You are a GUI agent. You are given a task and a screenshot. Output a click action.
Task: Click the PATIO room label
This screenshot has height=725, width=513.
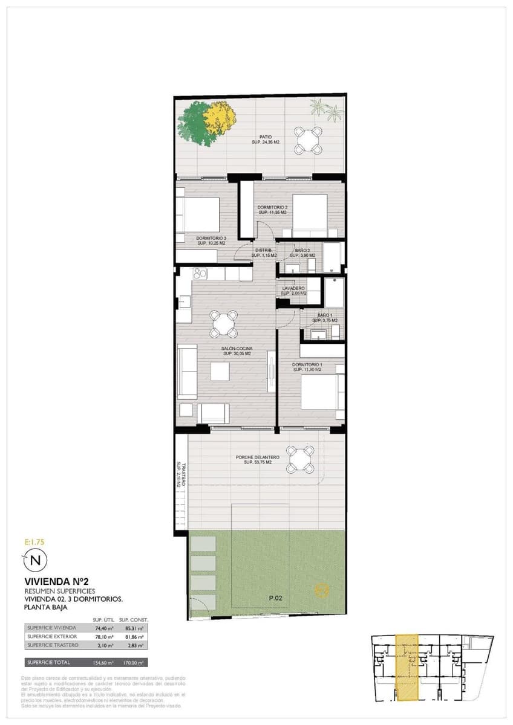266,137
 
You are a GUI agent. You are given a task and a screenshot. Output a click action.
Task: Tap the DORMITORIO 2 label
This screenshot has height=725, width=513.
272,208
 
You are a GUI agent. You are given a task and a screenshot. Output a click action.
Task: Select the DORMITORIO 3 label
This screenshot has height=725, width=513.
211,238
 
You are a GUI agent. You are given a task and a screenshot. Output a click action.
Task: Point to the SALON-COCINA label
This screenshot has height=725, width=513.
237,349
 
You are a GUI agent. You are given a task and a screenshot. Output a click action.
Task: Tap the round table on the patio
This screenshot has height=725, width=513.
309,141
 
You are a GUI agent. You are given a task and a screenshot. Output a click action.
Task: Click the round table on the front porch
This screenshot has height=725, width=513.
300,460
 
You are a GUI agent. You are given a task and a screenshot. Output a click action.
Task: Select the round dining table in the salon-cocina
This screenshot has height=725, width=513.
224,323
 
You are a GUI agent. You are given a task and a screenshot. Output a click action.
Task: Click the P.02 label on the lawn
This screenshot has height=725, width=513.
276,598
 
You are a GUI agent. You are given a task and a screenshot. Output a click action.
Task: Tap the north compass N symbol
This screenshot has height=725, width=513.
35,560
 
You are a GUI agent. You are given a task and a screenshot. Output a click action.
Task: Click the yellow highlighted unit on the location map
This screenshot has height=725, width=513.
406,668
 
